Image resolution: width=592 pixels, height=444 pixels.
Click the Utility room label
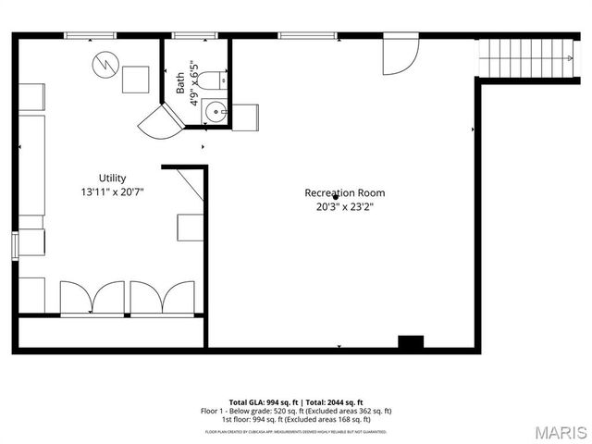pos(112,178)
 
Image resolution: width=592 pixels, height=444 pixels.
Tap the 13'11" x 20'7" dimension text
pos(112,191)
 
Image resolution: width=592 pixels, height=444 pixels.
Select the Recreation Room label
pos(345,192)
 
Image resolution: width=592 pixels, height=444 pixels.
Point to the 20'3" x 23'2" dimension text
pos(345,206)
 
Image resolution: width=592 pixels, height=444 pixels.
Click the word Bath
pos(180,83)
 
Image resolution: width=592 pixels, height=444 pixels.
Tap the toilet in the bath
pos(211,79)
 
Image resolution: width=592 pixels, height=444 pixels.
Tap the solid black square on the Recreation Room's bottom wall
pos(410,342)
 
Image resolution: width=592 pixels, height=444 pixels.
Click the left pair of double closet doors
pos(90,299)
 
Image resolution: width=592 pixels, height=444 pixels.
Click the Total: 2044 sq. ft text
pos(330,402)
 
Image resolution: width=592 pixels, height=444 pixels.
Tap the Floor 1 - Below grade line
pos(296,411)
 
